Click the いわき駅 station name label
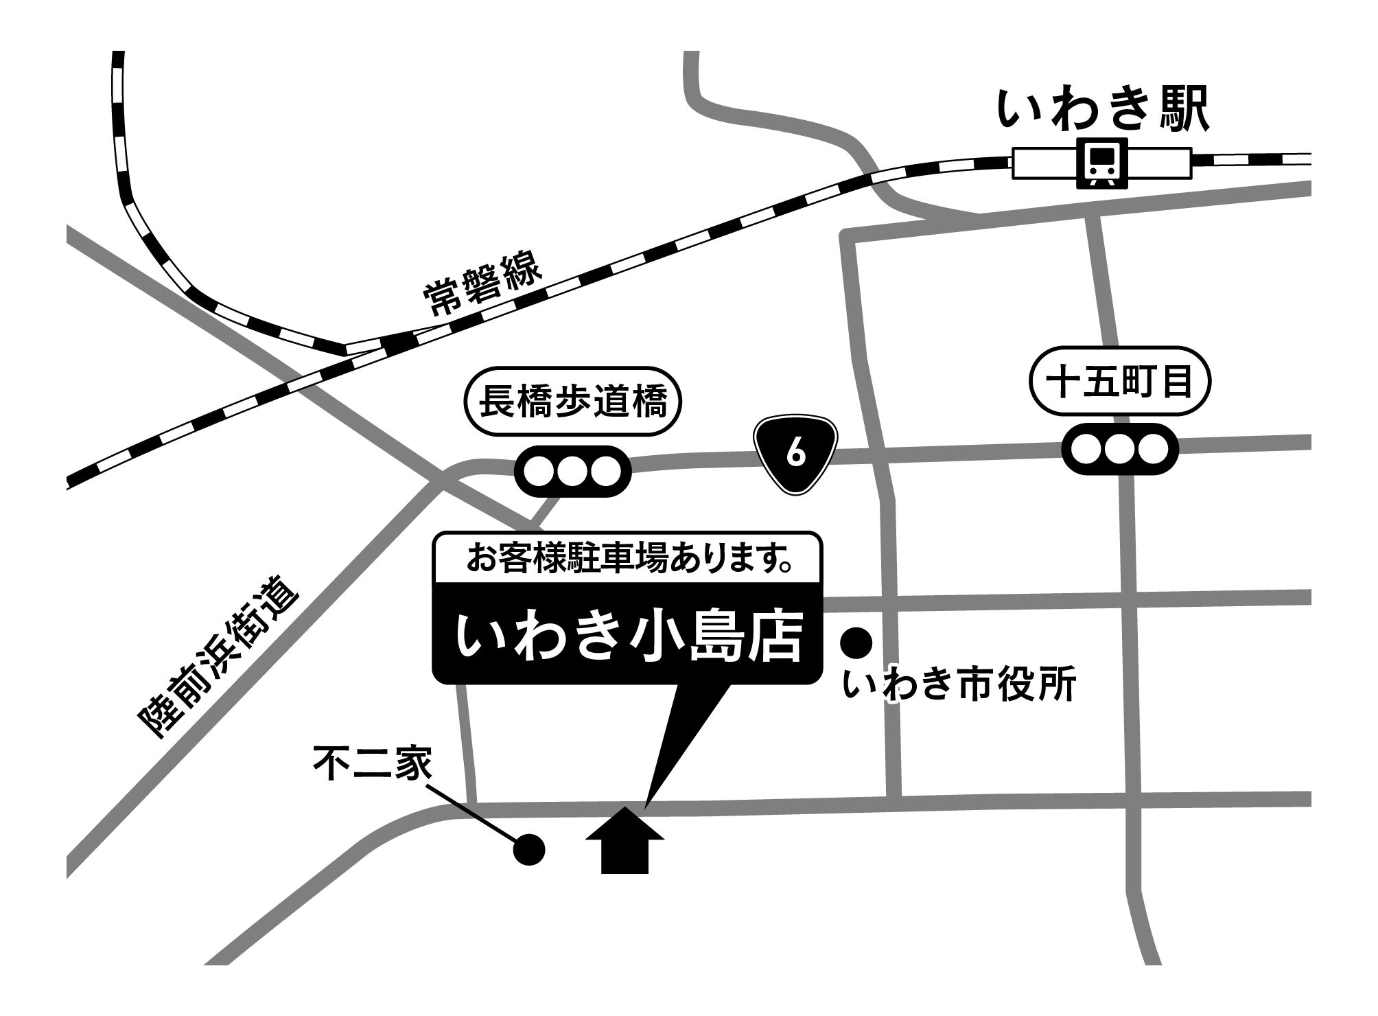tap(1101, 110)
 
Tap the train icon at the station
tap(1102, 163)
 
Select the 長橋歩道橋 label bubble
tap(572, 402)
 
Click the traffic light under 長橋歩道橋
tap(572, 472)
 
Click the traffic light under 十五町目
tap(1120, 450)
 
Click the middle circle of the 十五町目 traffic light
tap(1120, 450)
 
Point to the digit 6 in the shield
tap(795, 453)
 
